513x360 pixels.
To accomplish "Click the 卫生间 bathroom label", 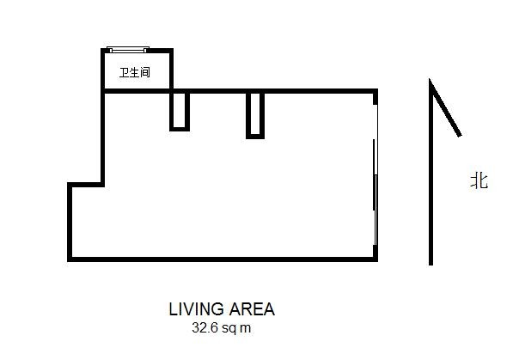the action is tap(135, 72).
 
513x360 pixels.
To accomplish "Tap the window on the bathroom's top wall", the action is tap(128, 50).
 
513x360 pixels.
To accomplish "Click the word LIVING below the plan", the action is tap(196, 309).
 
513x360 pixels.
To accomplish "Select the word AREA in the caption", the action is tap(252, 309).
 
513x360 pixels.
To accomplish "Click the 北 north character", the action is tap(479, 180).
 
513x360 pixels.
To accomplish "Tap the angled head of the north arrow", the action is tap(445, 108).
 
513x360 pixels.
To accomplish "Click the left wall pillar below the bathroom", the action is tap(180, 112).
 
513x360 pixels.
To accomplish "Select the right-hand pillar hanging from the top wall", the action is tap(255, 115).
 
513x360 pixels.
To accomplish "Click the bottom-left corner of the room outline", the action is tap(70, 259).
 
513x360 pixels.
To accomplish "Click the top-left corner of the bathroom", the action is tap(103, 51).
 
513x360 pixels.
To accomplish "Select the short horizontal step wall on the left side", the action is tap(86, 185).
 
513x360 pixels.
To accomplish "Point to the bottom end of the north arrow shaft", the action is tap(431, 265).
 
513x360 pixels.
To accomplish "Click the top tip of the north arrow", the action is tap(430, 79).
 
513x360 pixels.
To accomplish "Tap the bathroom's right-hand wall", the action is tap(171, 69).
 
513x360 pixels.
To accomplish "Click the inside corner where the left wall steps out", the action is tap(103, 185).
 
